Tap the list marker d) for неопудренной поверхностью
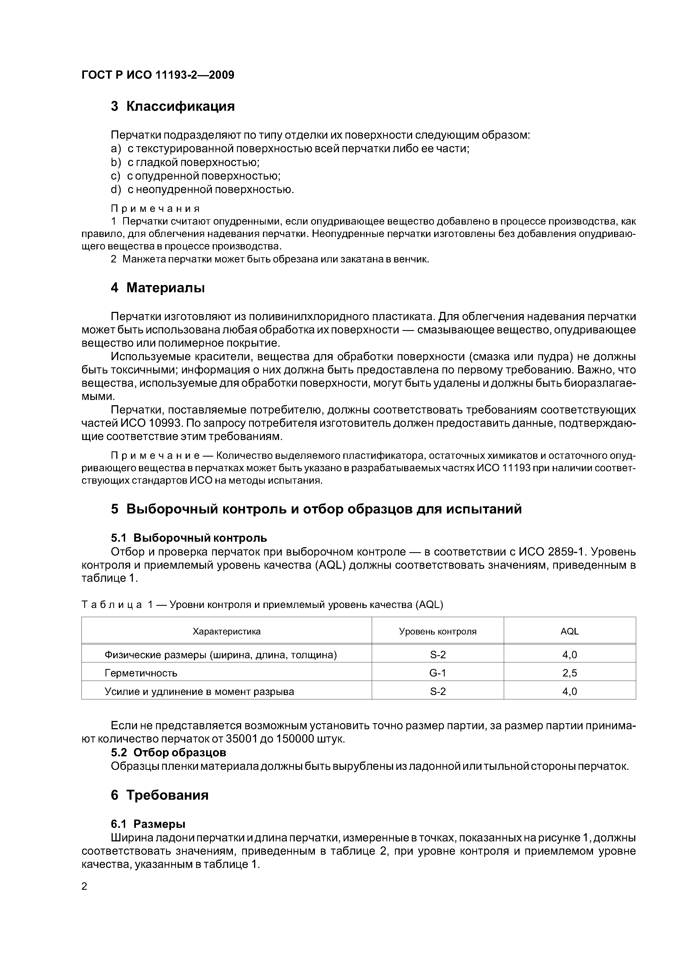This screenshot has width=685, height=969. click(x=116, y=190)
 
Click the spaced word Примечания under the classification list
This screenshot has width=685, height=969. click(x=155, y=209)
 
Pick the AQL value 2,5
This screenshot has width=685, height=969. click(x=569, y=673)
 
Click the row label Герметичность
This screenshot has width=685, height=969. click(x=141, y=673)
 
